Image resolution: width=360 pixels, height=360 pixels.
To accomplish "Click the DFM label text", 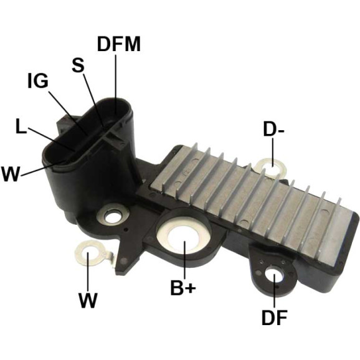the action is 119,44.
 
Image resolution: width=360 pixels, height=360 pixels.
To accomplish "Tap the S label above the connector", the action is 78,65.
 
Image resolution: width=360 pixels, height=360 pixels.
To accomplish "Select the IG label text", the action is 38,80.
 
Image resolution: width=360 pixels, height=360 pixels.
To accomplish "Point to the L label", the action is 21,126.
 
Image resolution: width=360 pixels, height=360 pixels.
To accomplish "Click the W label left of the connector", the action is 10,174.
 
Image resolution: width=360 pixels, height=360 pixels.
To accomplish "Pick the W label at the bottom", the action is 88,300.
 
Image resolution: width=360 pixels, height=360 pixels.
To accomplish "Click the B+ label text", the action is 183,288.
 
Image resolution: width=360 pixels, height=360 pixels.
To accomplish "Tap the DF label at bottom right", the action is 275,318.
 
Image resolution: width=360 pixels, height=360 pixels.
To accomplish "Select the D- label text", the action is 274,130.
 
